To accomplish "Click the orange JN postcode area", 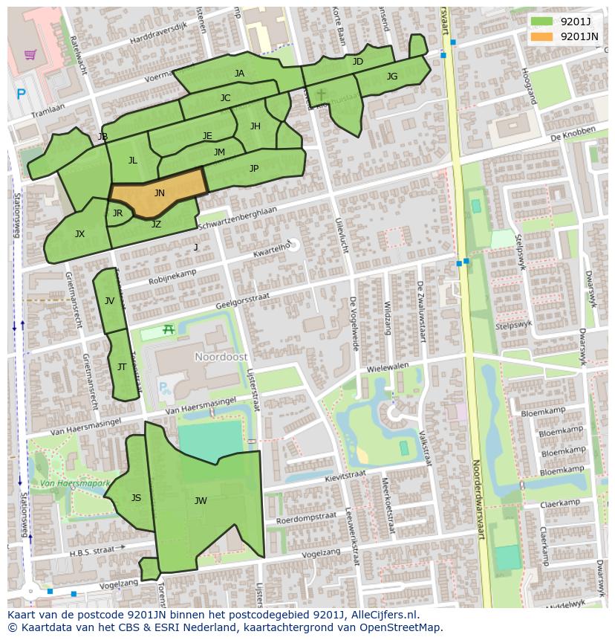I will click(x=160, y=192).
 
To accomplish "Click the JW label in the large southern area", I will click(x=201, y=500).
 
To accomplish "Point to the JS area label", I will click(x=136, y=497).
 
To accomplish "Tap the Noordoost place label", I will click(x=221, y=357).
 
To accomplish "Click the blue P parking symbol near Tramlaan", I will click(x=21, y=94).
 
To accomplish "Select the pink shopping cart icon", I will click(x=30, y=54).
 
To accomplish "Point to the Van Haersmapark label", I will click(x=74, y=483).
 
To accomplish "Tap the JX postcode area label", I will click(x=79, y=233).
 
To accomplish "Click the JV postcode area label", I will click(x=109, y=300).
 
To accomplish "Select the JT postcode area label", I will click(x=122, y=366).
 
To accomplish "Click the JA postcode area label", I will click(x=239, y=73).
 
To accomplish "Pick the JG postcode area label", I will click(x=392, y=76).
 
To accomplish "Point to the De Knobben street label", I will click(x=573, y=135).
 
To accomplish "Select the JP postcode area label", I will click(x=254, y=168).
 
